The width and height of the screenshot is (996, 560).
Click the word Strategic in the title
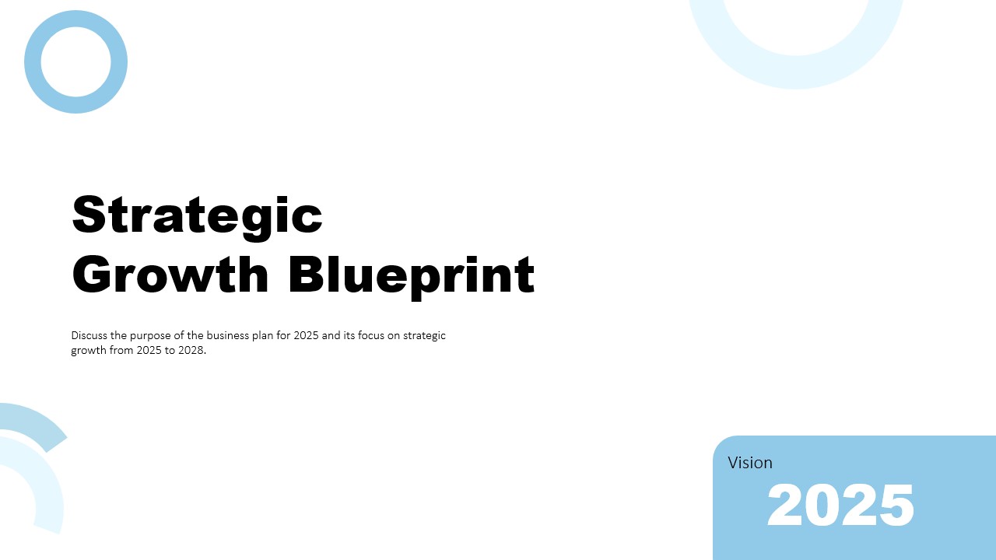pyautogui.click(x=197, y=215)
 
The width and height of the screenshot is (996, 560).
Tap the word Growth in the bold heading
pyautogui.click(x=170, y=274)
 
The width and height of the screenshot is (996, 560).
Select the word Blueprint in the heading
pyautogui.click(x=411, y=274)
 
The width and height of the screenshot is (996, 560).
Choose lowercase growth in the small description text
pyautogui.click(x=89, y=351)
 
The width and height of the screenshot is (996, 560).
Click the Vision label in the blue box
pyautogui.click(x=750, y=463)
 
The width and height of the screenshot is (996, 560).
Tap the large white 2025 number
pyautogui.click(x=840, y=506)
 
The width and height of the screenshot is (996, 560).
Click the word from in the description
pyautogui.click(x=121, y=351)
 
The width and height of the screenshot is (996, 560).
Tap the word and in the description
pyautogui.click(x=331, y=336)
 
